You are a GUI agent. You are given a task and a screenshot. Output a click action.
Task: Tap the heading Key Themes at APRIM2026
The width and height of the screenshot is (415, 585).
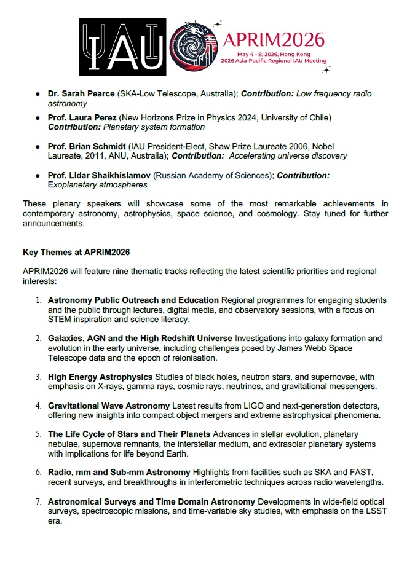pos(76,253)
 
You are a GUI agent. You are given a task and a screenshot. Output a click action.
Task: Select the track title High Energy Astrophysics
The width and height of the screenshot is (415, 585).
pos(100,376)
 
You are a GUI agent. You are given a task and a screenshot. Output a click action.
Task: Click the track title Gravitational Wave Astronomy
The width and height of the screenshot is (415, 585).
pos(108,406)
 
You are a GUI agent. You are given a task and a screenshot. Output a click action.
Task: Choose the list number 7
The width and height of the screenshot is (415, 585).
pos(38,502)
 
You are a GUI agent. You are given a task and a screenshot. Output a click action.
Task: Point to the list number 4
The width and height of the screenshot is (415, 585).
pos(38,406)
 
